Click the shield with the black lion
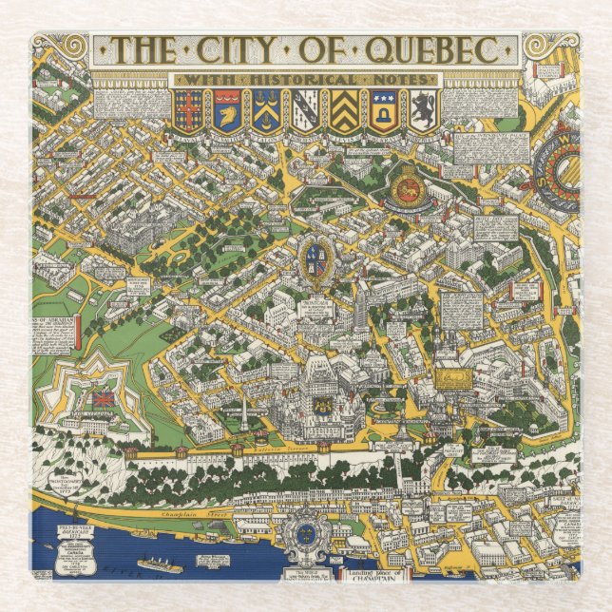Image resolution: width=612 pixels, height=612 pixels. pos(423,110)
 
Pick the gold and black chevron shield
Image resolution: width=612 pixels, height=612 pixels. pos(344,110)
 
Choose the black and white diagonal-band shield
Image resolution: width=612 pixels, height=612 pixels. pos(305,110)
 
